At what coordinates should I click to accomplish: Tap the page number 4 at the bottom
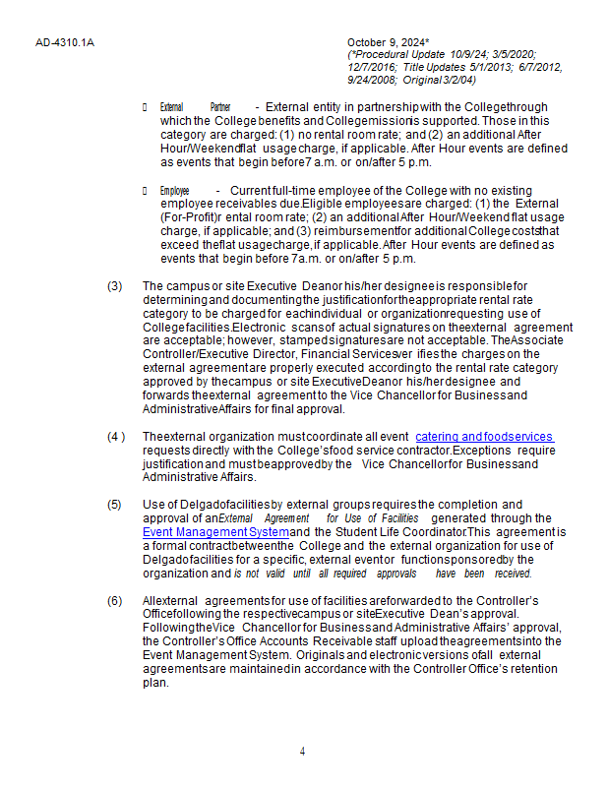pyautogui.click(x=302, y=752)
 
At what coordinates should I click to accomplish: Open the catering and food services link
pyautogui.click(x=484, y=437)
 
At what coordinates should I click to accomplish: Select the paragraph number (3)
pyautogui.click(x=115, y=285)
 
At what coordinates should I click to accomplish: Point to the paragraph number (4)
pyautogui.click(x=116, y=437)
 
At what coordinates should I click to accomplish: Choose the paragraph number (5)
pyautogui.click(x=115, y=505)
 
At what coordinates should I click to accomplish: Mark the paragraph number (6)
pyautogui.click(x=115, y=600)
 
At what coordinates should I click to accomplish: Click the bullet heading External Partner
pyautogui.click(x=195, y=106)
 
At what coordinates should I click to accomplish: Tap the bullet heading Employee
pyautogui.click(x=174, y=190)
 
